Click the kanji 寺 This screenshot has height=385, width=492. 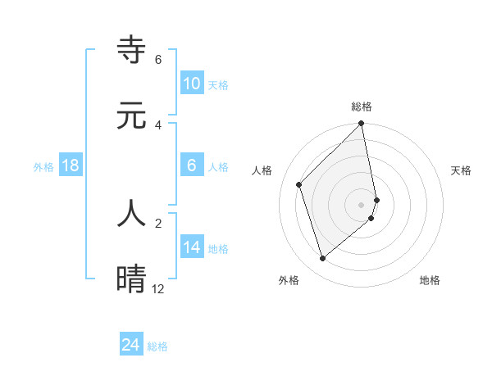[x=131, y=50]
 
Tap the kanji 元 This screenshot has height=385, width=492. [x=131, y=115]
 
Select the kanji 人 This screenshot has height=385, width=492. [x=131, y=212]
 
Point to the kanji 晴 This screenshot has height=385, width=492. [x=131, y=278]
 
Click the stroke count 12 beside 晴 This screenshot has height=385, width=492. [x=158, y=288]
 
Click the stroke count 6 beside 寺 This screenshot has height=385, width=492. [x=158, y=60]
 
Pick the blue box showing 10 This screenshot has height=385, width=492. [x=191, y=84]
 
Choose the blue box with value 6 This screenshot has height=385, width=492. [x=191, y=165]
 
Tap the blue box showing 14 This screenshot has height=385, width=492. [x=191, y=247]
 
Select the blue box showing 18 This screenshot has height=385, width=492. [x=71, y=165]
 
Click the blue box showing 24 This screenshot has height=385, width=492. [x=131, y=345]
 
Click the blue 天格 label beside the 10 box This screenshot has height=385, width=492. [x=218, y=85]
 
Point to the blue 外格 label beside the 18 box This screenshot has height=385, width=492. [x=43, y=167]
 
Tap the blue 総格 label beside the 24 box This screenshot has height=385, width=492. [x=157, y=346]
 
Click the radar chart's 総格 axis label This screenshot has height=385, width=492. [x=362, y=106]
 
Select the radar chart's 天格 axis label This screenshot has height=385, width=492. [x=461, y=170]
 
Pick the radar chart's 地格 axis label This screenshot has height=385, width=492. [x=430, y=280]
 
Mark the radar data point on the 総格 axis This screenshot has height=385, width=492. [x=362, y=125]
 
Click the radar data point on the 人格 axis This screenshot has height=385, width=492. [x=299, y=184]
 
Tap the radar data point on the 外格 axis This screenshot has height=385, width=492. [x=323, y=259]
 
